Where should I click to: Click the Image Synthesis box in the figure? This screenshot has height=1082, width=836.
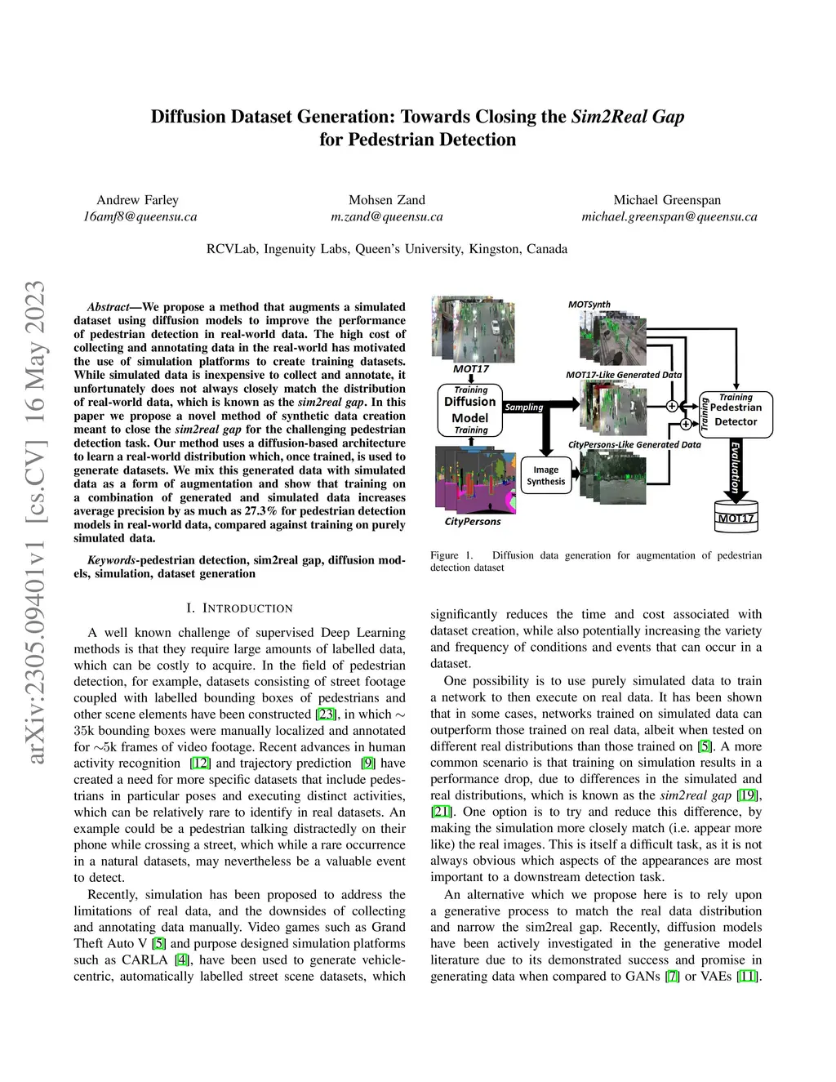[x=545, y=475]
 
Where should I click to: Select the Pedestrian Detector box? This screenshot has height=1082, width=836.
[x=736, y=415]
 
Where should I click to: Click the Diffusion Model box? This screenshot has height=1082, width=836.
[x=470, y=410]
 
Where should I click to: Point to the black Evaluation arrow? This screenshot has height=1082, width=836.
[x=736, y=470]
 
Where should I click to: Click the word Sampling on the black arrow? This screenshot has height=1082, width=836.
[x=524, y=407]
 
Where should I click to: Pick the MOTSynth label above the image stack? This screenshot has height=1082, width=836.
[x=589, y=305]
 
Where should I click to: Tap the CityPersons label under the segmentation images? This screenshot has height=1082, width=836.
[x=473, y=521]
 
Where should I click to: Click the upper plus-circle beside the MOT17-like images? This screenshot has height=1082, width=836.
[x=672, y=406]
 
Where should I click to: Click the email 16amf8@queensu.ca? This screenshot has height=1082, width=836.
[x=140, y=216]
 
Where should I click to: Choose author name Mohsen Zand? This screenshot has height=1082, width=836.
[x=387, y=200]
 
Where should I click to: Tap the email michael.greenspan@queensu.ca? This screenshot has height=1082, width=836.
[x=669, y=216]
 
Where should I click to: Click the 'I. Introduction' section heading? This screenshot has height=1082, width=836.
[x=239, y=608]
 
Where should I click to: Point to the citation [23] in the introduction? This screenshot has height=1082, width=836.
[x=326, y=715]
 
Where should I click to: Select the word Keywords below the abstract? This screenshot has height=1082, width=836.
[x=112, y=560]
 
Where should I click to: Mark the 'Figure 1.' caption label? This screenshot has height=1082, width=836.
[x=451, y=555]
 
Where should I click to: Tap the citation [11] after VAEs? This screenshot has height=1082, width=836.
[x=747, y=976]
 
